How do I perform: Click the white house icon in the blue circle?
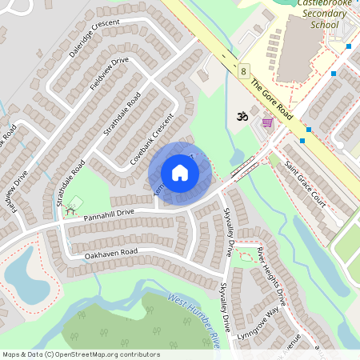pos(180,173)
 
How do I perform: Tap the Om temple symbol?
pos(238,116)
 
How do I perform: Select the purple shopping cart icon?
pos(266,122)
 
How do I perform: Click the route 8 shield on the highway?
pos(242,71)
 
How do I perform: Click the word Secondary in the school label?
pos(311,14)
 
